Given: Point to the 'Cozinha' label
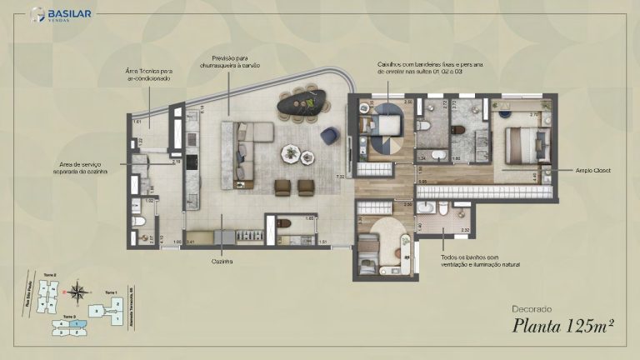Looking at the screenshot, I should tap(222, 261).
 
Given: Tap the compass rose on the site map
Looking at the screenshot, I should tap(78, 292).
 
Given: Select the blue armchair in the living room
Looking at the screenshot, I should tap(329, 133).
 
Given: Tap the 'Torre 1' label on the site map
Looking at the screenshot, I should tap(110, 292).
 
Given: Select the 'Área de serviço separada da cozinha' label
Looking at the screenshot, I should tap(83, 167).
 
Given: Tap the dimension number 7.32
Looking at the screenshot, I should tap(339, 177).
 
